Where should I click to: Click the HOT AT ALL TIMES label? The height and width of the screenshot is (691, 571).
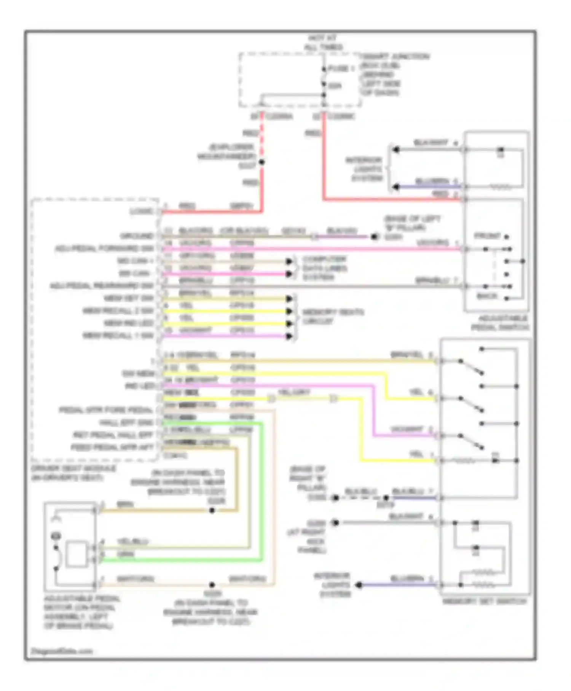pos(323,43)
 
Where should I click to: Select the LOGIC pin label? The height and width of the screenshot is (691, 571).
pos(142,211)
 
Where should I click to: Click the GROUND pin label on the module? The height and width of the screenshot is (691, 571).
pos(137,236)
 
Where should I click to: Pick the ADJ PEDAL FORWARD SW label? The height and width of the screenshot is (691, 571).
pos(104,249)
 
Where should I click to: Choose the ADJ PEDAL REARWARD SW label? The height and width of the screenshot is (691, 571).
pos(101,286)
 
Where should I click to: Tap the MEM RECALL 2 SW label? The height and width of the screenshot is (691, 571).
pos(118,311)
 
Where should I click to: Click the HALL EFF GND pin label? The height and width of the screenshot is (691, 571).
pos(126,423)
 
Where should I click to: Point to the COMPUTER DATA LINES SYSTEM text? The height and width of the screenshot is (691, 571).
pos(324,268)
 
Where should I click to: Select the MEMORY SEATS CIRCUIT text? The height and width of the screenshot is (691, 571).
pos(333,317)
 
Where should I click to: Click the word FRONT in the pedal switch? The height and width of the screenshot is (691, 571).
pos(487,236)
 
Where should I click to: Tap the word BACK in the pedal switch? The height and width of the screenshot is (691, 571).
pos(487,296)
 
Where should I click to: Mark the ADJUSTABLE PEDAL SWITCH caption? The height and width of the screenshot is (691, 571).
pos(500,323)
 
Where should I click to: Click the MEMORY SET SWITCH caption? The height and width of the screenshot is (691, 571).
pos(484,601)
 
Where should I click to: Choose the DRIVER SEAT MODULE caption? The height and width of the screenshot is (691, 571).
pos(73,473)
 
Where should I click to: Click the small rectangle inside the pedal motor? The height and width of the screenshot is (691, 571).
pos(76,554)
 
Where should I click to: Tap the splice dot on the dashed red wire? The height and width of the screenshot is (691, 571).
pos(262,162)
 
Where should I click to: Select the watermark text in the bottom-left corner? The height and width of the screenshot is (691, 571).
pos(62,651)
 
